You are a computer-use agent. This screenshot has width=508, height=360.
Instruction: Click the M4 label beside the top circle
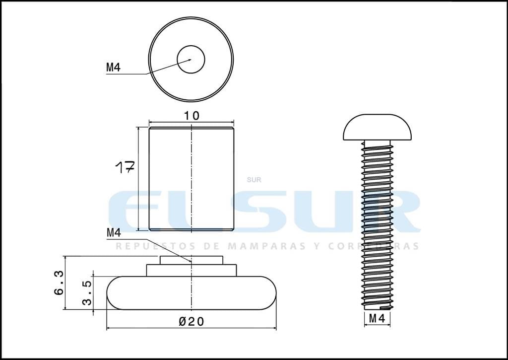click(113, 68)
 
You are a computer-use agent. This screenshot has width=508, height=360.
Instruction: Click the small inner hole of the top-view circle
click(191, 59)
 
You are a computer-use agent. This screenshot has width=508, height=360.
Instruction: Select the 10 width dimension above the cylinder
click(191, 116)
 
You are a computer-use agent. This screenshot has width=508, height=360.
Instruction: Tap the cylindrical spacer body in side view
click(191, 179)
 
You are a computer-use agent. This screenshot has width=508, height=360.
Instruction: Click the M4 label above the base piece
click(114, 232)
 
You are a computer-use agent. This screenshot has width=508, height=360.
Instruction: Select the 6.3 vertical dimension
click(59, 283)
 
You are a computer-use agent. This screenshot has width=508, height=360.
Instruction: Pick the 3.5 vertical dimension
click(87, 293)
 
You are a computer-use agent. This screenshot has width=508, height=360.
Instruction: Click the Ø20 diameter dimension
click(191, 322)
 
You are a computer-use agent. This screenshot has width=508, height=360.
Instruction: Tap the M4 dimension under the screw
click(377, 319)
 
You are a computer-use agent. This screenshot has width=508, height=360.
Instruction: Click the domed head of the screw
click(378, 127)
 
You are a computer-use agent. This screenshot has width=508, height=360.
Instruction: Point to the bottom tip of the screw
click(378, 307)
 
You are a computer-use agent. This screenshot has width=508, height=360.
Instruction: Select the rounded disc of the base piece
click(191, 293)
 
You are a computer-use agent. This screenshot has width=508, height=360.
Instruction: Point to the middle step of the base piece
click(191, 270)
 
